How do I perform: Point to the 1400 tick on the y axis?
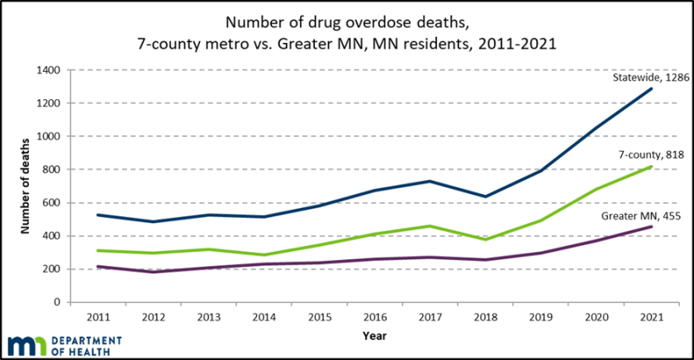tap(50, 70)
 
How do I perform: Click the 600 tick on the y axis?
tap(53, 203)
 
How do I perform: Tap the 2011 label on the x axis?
tap(97, 316)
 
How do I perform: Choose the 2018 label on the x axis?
tap(486, 316)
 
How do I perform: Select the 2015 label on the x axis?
tap(320, 316)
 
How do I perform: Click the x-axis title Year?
tap(374, 336)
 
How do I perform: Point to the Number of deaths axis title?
tap(26, 186)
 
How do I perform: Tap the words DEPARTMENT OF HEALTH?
tap(86, 347)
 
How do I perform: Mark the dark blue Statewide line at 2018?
tap(486, 197)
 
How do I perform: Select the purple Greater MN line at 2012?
tap(153, 272)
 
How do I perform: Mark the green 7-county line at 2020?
tap(597, 189)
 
